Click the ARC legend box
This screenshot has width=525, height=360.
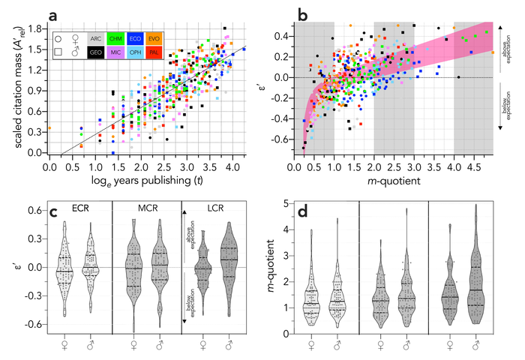pyautogui.click(x=94, y=37)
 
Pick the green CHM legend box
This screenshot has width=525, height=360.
pyautogui.click(x=115, y=37)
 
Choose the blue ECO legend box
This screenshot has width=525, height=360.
pyautogui.click(x=136, y=37)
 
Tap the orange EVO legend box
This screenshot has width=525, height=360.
pyautogui.click(x=156, y=37)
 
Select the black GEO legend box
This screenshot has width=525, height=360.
pyautogui.click(x=94, y=53)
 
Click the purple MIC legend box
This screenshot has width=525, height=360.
pyautogui.click(x=115, y=53)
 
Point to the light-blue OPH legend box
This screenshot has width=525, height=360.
pyautogui.click(x=136, y=53)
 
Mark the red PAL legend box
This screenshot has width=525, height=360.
pyautogui.click(x=156, y=53)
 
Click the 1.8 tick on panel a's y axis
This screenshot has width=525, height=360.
pyautogui.click(x=33, y=26)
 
